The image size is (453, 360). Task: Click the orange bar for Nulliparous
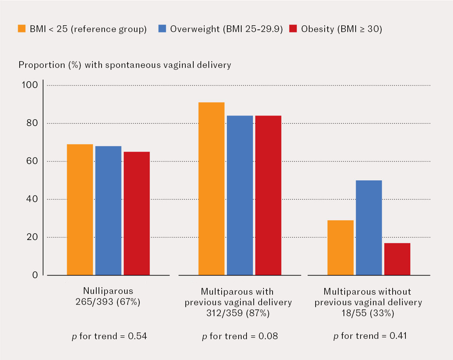coord(80,209)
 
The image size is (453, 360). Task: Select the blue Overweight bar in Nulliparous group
coord(108,210)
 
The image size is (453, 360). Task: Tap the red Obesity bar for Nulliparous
coord(137,213)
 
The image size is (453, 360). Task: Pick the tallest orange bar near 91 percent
coord(211,188)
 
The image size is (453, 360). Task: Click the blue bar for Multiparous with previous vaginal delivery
coord(240,195)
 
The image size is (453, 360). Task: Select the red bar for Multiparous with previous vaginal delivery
coord(268,195)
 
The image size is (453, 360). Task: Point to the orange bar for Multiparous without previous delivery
coord(341,248)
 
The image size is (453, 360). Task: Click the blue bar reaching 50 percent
coord(369,228)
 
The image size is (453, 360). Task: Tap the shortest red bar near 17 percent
coord(397,259)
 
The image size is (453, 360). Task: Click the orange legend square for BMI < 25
coord(22,29)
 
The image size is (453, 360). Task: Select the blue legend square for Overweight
coord(162,29)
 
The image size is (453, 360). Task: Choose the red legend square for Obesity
coord(293,29)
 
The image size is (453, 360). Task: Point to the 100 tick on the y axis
coord(30,85)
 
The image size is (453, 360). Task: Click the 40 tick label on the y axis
coord(32,199)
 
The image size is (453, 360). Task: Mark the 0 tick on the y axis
coord(35,275)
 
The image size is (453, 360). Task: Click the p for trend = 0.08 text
coord(240,336)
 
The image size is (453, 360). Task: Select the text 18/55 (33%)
coord(368,313)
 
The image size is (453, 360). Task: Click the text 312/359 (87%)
coord(239,313)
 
